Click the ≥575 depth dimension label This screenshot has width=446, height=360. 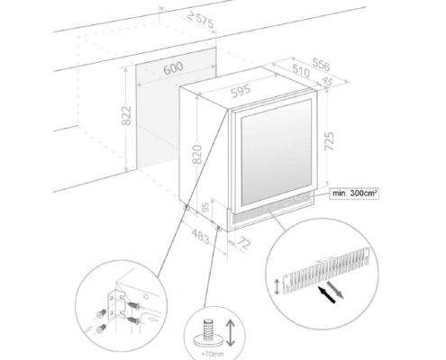pyautogui.click(x=200, y=20)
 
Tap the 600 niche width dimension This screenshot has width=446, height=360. pyautogui.click(x=174, y=68)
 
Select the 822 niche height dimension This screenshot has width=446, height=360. pyautogui.click(x=126, y=115)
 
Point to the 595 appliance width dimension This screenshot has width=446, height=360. pyautogui.click(x=241, y=91)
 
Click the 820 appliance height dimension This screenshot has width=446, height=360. pyautogui.click(x=196, y=154)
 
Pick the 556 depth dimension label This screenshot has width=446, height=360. pyautogui.click(x=321, y=65)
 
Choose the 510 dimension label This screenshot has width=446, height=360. pyautogui.click(x=301, y=71)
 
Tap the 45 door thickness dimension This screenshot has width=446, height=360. pyautogui.click(x=327, y=81)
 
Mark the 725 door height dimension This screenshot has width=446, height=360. pyautogui.click(x=330, y=141)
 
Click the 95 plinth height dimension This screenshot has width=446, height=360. pyautogui.click(x=205, y=207)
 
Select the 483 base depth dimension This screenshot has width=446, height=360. pyautogui.click(x=200, y=236)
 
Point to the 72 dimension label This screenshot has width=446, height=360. pyautogui.click(x=243, y=242)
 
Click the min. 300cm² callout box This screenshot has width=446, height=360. pyautogui.click(x=354, y=193)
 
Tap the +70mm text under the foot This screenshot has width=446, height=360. pyautogui.click(x=213, y=354)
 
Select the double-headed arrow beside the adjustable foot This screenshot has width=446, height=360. pyautogui.click(x=231, y=333)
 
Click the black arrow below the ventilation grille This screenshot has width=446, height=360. pyautogui.click(x=326, y=294)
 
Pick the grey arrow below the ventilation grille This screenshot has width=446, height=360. pyautogui.click(x=335, y=289)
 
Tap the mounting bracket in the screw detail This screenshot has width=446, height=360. pyautogui.click(x=116, y=304)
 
